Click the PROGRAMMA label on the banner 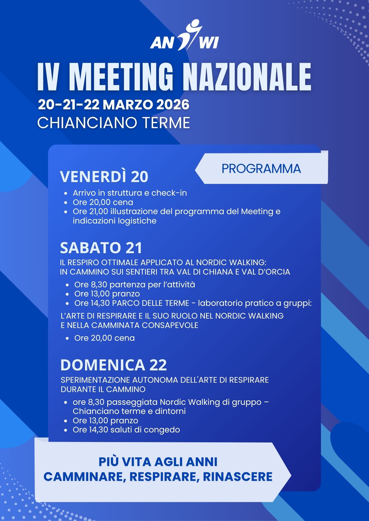261,169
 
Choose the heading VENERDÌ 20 104,177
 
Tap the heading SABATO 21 101,248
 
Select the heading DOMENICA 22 114,365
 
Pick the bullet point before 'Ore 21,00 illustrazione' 66,212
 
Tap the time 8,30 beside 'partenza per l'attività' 99,285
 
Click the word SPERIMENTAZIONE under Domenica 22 95,380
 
